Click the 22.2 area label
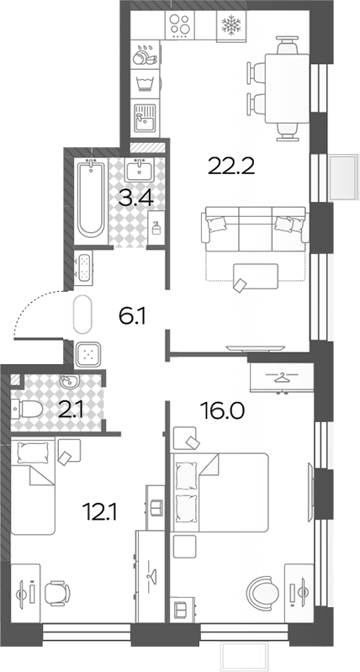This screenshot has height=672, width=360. pyautogui.click(x=231, y=166)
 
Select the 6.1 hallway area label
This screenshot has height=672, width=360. pyautogui.click(x=132, y=317)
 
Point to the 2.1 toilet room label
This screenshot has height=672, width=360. pyautogui.click(x=72, y=410)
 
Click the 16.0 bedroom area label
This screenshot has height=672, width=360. pyautogui.click(x=222, y=410)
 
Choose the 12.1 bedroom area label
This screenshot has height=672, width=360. pyautogui.click(x=102, y=512)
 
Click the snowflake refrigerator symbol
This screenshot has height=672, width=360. pyautogui.click(x=231, y=25)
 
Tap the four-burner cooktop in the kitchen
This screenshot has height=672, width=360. pyautogui.click(x=180, y=25)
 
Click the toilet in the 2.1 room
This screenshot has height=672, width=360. pyautogui.click(x=27, y=409)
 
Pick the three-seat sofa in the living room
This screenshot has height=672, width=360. pyautogui.click(x=256, y=229)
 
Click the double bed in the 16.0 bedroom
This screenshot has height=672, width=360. pyautogui.click(x=220, y=492)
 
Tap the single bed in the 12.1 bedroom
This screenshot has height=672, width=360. pyautogui.click(x=34, y=486)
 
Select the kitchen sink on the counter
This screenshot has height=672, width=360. pyautogui.click(x=145, y=118)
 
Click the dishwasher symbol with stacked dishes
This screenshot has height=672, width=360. pyautogui.click(x=145, y=53)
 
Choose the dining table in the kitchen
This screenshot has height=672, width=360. pyautogui.click(x=287, y=88)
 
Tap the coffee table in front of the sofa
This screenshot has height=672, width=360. pyautogui.click(x=256, y=277)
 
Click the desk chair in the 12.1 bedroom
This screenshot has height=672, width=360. pyautogui.click(x=57, y=593)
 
